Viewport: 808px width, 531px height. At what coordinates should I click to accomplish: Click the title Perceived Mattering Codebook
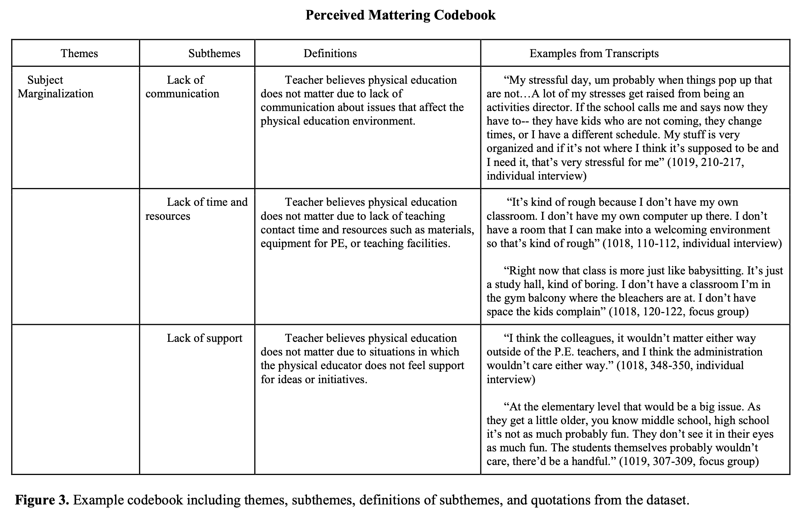pyautogui.click(x=400, y=15)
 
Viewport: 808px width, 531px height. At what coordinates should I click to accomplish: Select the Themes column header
pyautogui.click(x=79, y=53)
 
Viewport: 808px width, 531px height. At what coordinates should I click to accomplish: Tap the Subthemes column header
pyautogui.click(x=214, y=53)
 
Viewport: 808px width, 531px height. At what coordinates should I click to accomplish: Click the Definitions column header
pyautogui.click(x=330, y=53)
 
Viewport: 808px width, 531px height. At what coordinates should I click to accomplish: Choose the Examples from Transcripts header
pyautogui.click(x=594, y=53)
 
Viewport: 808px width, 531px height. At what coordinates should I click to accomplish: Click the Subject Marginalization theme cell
pyautogui.click(x=55, y=87)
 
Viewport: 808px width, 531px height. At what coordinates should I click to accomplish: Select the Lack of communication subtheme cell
pyautogui.click(x=182, y=87)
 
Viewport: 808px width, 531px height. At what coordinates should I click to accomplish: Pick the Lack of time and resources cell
pyautogui.click(x=196, y=209)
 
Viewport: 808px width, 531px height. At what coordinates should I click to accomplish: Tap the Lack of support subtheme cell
pyautogui.click(x=204, y=338)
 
